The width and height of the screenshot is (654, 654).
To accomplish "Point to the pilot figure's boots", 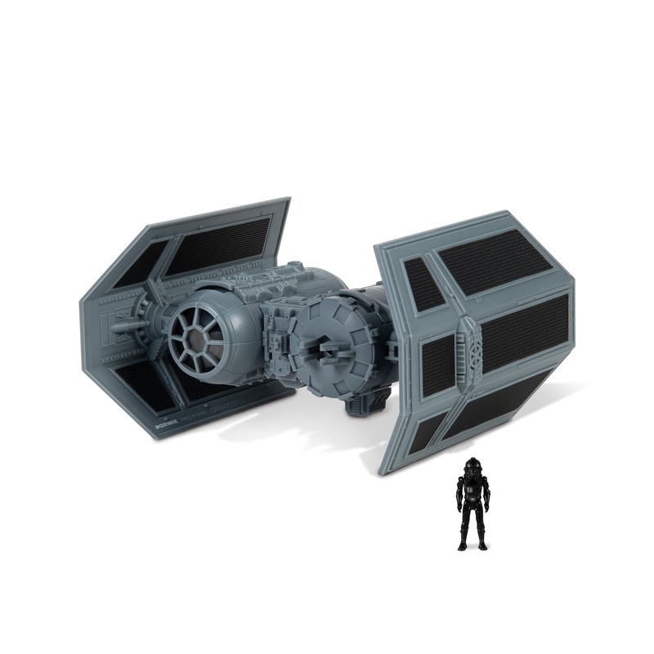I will (473, 544).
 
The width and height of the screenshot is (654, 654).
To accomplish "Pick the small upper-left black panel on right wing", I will (422, 282).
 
